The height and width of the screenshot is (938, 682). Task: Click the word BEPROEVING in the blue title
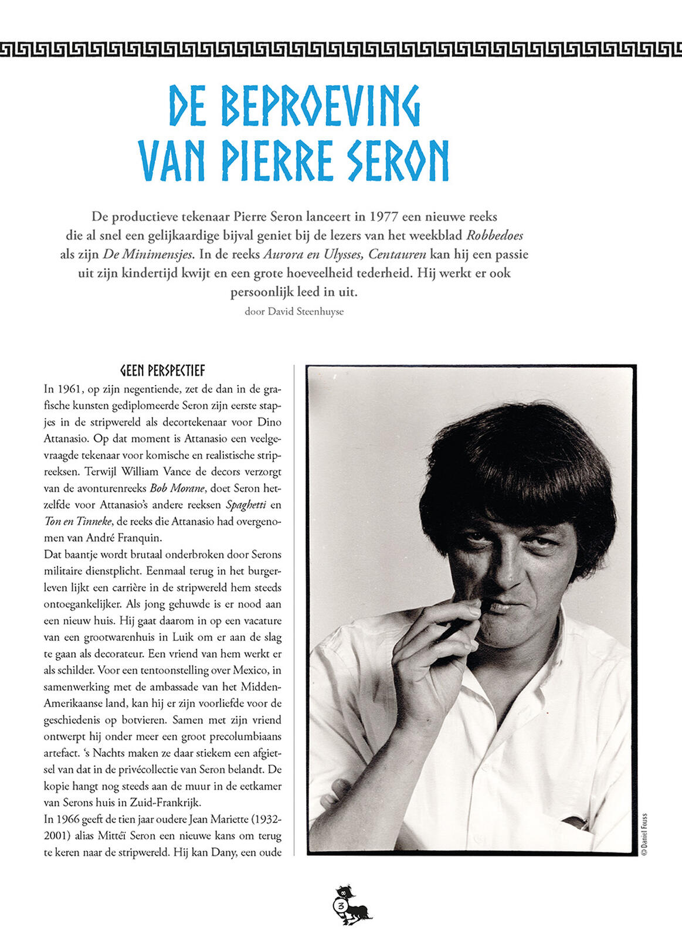tap(321, 106)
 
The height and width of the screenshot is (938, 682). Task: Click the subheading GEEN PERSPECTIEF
tap(162, 371)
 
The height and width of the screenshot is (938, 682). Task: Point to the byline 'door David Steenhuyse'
tap(294, 311)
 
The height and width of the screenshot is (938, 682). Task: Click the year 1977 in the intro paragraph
tap(384, 216)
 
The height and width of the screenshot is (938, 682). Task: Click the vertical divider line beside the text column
tap(294, 610)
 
